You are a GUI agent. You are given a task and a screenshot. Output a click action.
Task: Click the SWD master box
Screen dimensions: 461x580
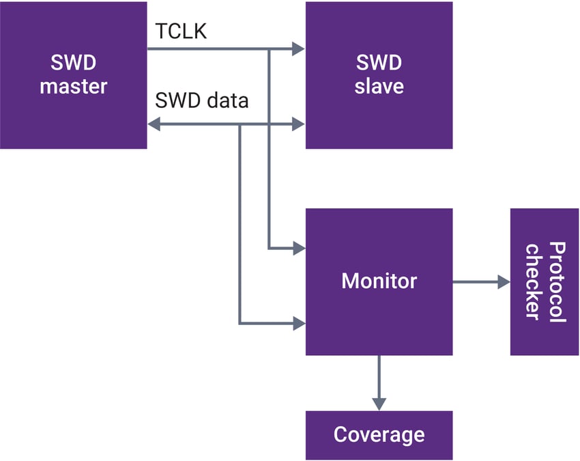[x=73, y=75]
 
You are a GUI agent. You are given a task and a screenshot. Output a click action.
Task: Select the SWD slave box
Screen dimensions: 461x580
[x=379, y=75]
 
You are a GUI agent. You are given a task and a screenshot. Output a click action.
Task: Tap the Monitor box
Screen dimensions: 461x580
[x=379, y=281]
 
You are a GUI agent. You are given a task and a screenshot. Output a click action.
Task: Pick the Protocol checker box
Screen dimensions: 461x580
[x=545, y=281]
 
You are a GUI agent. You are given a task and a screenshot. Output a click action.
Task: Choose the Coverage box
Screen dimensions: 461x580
[x=379, y=434]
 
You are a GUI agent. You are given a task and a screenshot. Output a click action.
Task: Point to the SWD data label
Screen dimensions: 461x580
[x=201, y=101]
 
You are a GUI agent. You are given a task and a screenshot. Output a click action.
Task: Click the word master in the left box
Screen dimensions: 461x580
[x=73, y=87]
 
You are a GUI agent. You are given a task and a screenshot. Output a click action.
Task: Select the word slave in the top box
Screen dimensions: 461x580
[x=379, y=87]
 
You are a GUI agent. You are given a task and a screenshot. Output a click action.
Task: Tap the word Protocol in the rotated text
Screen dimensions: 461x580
[x=557, y=281]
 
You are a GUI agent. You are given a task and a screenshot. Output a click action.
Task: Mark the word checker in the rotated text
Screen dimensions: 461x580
[x=533, y=281]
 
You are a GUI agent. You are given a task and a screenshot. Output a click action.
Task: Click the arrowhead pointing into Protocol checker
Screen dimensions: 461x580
[x=504, y=281]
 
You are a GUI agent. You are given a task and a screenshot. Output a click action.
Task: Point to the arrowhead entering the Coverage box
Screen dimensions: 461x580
[x=379, y=404]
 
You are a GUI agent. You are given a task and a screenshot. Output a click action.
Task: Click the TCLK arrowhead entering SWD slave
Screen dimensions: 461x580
[x=298, y=49]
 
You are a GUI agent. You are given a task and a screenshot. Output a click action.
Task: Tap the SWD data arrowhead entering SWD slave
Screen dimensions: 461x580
[x=298, y=124]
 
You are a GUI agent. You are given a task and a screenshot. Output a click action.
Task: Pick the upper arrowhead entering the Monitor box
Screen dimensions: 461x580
[x=298, y=248]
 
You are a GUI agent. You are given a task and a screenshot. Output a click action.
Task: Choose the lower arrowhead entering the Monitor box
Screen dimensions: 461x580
[x=298, y=323]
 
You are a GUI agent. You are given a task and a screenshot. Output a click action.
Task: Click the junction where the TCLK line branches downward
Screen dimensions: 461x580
[x=269, y=49]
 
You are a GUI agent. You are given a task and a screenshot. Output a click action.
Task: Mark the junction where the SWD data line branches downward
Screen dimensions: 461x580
[x=240, y=124]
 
